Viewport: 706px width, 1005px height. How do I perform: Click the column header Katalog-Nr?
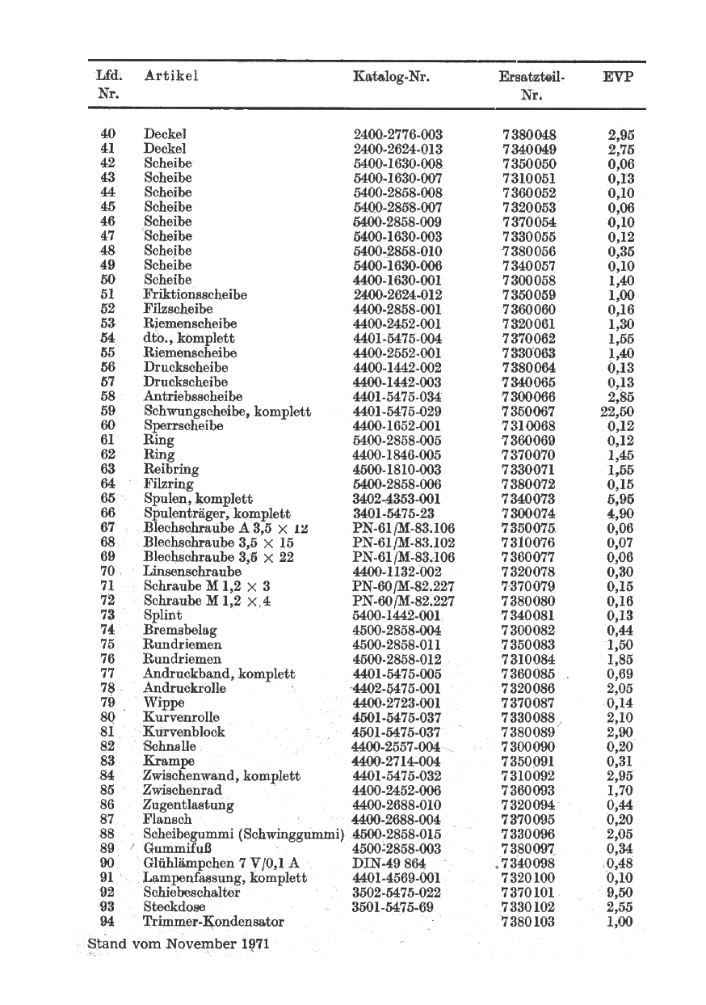(391, 78)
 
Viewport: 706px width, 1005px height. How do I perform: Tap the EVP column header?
(618, 78)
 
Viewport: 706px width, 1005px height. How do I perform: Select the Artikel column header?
(170, 77)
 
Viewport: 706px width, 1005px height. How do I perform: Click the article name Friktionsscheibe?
(195, 294)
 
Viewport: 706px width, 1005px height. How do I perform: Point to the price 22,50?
(617, 411)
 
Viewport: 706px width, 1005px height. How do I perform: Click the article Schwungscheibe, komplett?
(227, 412)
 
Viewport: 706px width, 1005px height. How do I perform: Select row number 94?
(107, 922)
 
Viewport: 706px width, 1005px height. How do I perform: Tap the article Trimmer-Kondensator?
(213, 922)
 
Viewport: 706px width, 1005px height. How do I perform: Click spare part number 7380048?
(529, 135)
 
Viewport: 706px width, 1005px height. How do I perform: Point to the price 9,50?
(620, 893)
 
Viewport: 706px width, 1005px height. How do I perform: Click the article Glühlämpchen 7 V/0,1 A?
(221, 864)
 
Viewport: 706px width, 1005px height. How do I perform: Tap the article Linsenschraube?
(192, 572)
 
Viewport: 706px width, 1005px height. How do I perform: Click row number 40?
(107, 133)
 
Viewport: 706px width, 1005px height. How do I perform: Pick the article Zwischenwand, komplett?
(222, 776)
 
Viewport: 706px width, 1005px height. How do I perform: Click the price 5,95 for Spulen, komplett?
(620, 499)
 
